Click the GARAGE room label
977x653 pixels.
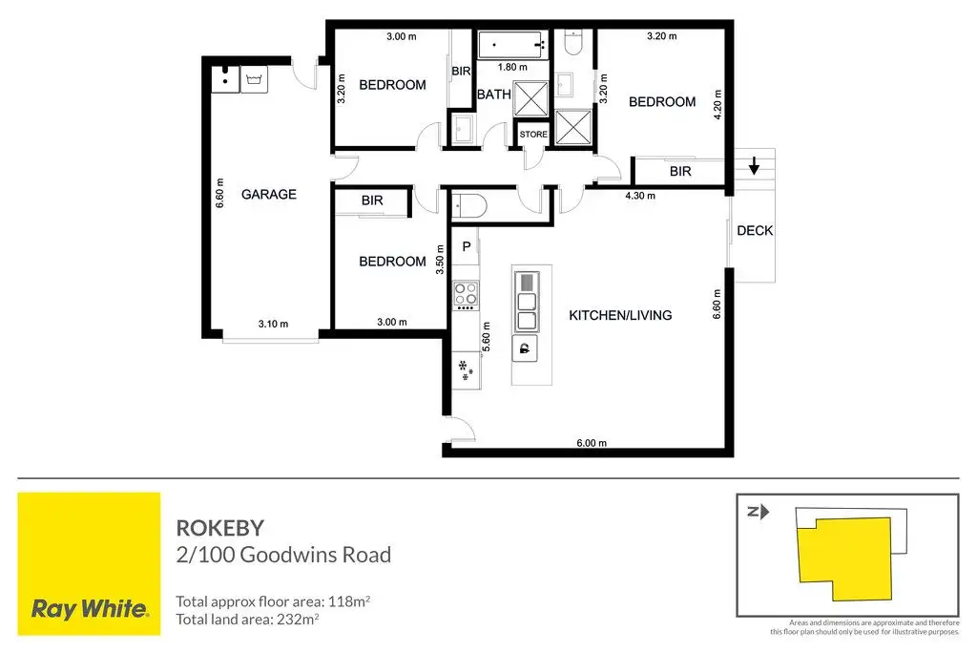click(x=268, y=194)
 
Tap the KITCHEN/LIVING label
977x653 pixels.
click(x=620, y=315)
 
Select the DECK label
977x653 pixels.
click(x=755, y=231)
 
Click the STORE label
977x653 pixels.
click(x=533, y=135)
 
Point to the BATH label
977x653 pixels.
click(x=493, y=95)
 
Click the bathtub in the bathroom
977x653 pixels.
click(x=512, y=44)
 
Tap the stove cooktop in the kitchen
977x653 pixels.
click(x=466, y=295)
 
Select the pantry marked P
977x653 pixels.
click(x=467, y=246)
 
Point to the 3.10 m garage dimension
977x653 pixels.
click(x=273, y=324)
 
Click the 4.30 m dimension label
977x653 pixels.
click(x=639, y=197)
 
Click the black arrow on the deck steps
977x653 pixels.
click(x=755, y=168)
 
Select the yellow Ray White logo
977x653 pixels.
click(x=90, y=563)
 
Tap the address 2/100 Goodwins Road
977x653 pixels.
click(x=283, y=554)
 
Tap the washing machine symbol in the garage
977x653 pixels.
click(x=255, y=78)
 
